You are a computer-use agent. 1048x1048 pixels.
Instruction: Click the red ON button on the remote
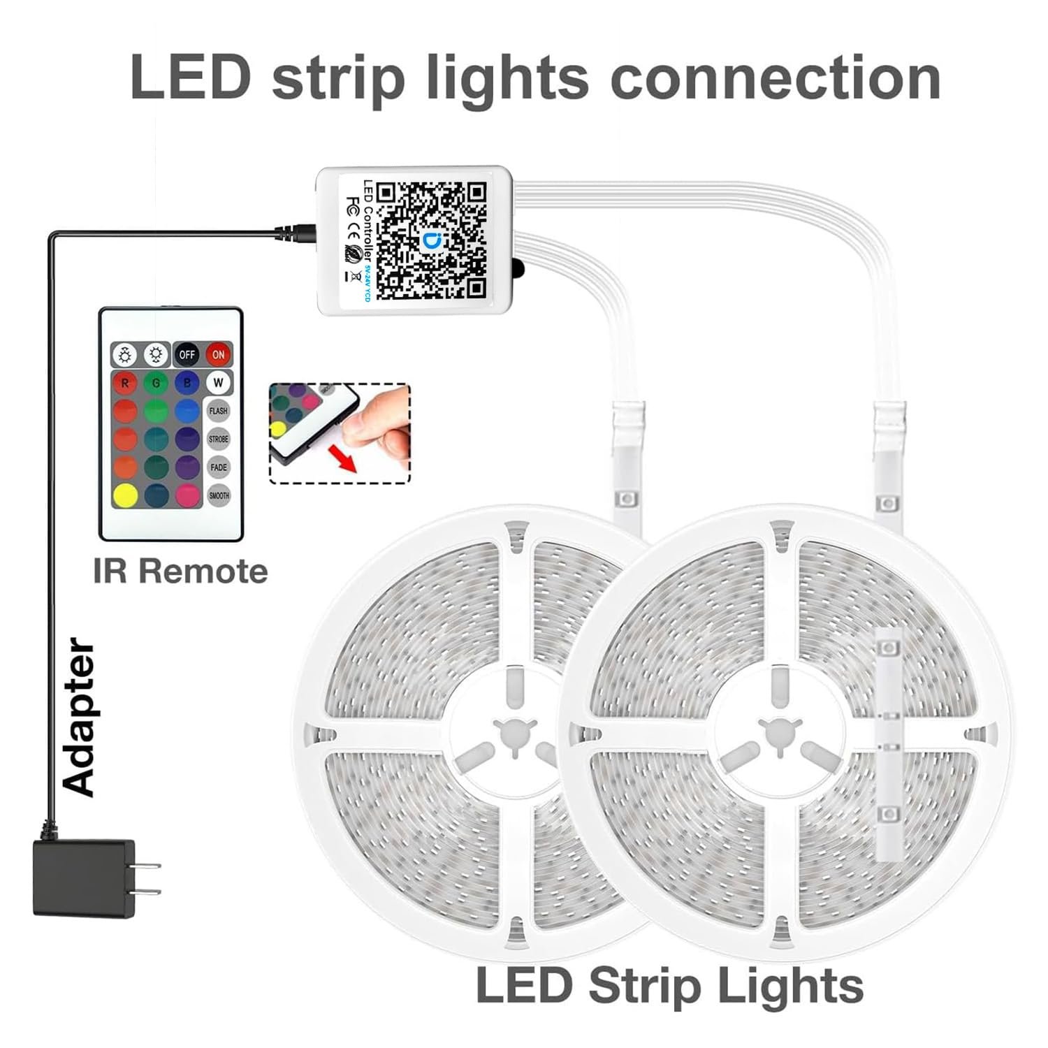pos(219,354)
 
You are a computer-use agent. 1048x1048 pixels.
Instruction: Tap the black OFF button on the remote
pos(187,354)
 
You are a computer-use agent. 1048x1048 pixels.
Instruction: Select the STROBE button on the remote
pos(219,439)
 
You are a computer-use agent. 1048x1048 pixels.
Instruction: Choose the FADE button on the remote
pos(219,467)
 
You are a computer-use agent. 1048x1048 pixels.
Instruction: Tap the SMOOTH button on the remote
pos(219,495)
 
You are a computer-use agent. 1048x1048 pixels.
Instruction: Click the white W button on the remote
pos(219,383)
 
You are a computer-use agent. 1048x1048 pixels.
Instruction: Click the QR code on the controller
pos(431,240)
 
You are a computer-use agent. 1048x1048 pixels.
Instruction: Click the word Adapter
pos(79,716)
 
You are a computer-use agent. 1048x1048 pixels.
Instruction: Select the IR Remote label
pos(180,572)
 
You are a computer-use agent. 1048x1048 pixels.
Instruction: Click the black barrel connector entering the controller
pos(297,233)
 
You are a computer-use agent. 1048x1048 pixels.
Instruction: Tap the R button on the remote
pos(126,383)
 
